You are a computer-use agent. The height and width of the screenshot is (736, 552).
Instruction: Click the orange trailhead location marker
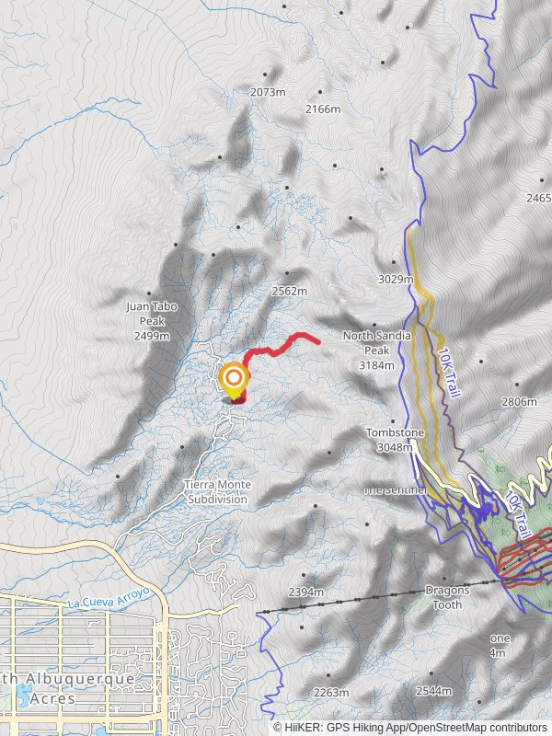(x=235, y=378)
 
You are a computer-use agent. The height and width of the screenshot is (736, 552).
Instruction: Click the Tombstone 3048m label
(x=395, y=440)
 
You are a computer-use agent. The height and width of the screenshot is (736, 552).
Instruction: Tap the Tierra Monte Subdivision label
(x=217, y=491)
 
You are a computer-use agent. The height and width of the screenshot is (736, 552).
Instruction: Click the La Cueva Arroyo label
(x=103, y=600)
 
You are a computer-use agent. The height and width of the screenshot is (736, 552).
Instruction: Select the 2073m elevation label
(x=268, y=92)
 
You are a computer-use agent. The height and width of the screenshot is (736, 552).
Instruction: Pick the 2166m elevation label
(x=322, y=109)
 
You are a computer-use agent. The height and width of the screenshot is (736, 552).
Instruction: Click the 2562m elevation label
(x=289, y=291)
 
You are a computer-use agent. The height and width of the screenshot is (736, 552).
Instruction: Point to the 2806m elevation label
(x=519, y=401)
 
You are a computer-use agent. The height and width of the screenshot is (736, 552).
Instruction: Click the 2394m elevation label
(x=306, y=592)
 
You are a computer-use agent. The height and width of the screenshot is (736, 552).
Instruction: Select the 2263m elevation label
(x=331, y=692)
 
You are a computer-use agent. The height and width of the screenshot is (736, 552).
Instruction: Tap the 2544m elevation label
(x=433, y=690)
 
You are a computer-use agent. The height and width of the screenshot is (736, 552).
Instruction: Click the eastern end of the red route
(x=318, y=341)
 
